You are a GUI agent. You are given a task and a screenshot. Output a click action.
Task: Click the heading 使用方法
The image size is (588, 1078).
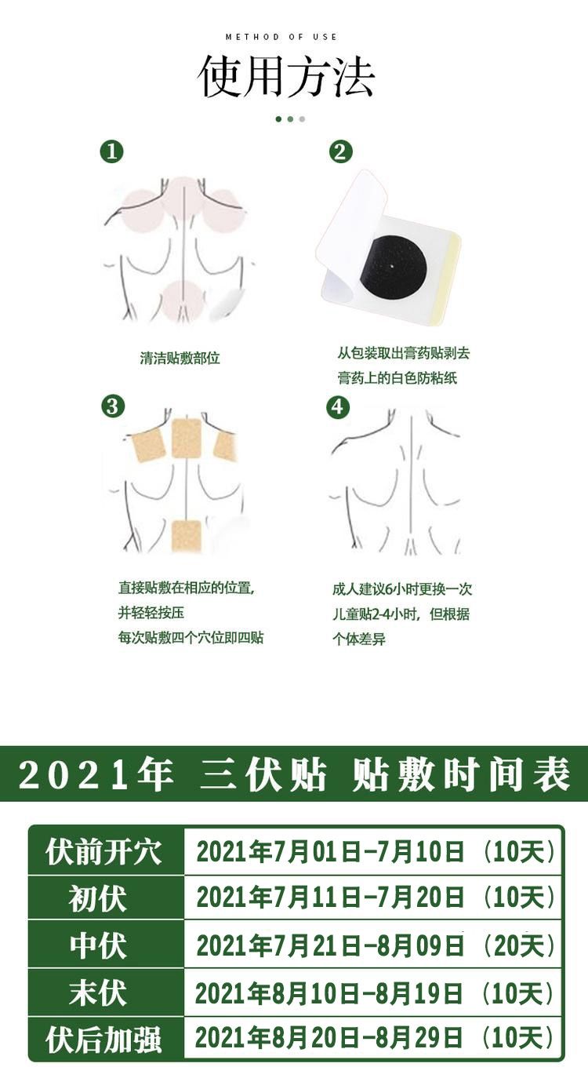pos(285,76)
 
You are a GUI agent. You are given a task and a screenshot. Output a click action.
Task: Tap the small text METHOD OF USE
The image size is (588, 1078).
pos(281,37)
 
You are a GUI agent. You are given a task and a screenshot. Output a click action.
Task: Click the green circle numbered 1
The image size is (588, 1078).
pos(111,151)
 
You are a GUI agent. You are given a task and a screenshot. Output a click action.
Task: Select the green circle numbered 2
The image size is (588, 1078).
pos(340,151)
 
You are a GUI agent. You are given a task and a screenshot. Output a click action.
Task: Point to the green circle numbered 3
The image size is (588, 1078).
pos(112,406)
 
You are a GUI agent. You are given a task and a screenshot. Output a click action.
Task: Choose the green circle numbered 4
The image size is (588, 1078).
pos(337,407)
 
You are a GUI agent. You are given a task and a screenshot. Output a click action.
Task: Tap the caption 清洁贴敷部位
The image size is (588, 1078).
pos(180,358)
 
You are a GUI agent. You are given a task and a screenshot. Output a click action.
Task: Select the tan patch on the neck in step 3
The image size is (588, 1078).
pos(186,438)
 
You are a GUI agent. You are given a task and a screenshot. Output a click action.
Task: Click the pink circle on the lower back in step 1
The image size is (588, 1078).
pos(183,300)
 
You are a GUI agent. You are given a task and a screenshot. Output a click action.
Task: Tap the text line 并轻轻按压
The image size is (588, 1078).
pos(151,613)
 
